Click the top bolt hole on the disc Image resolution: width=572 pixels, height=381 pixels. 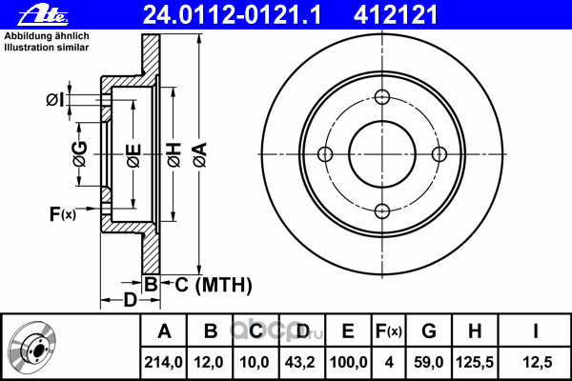pyautogui.click(x=381, y=97)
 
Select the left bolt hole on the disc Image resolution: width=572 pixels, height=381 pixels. pyautogui.click(x=324, y=154)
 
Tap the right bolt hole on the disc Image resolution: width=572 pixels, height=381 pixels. pyautogui.click(x=439, y=154)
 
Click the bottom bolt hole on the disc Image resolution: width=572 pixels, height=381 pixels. pyautogui.click(x=381, y=211)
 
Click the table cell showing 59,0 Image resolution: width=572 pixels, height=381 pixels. pyautogui.click(x=428, y=363)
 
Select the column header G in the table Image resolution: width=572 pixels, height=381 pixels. pyautogui.click(x=428, y=332)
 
